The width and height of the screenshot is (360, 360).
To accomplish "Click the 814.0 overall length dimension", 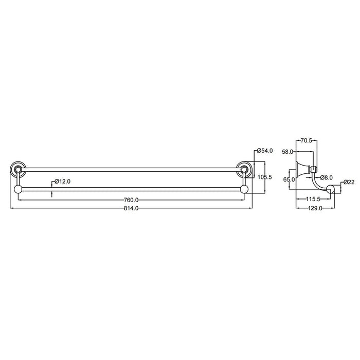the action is point(131,208).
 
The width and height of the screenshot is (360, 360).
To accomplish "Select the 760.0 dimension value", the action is point(131,200).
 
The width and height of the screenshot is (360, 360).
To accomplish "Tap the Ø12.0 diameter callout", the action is point(62,182).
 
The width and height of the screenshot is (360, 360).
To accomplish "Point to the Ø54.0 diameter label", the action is point(265,151).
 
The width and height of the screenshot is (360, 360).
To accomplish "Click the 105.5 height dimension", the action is point(265,177).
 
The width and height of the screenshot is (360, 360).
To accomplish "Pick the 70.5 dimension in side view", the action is point(307,140).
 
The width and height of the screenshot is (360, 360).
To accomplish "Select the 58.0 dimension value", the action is point(287,152).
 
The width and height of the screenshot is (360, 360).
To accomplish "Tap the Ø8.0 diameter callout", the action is point(327,177).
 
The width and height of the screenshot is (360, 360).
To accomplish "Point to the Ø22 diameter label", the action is point(349,182).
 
